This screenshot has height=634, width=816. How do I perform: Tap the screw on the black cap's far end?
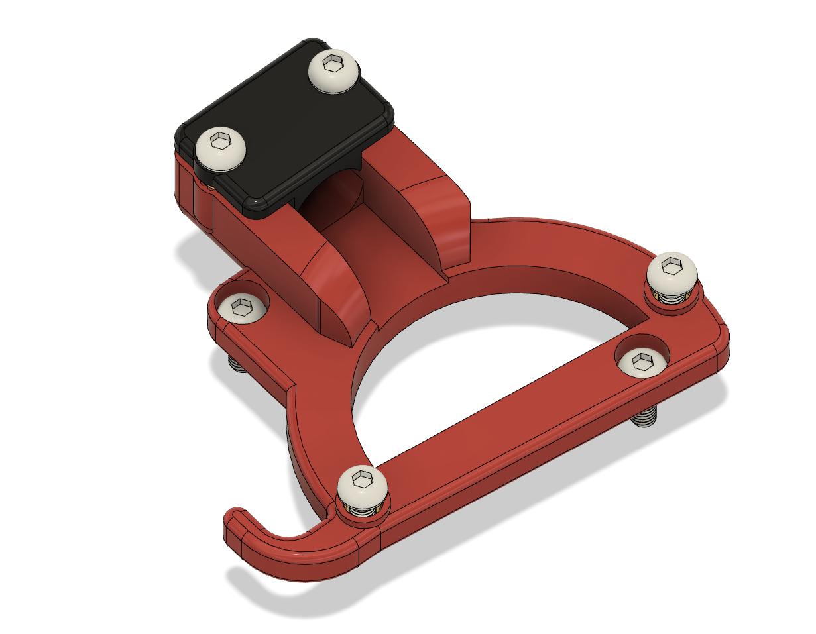334,69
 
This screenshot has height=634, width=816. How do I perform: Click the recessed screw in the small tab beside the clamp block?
243,307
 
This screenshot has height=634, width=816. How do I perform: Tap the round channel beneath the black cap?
331,199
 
